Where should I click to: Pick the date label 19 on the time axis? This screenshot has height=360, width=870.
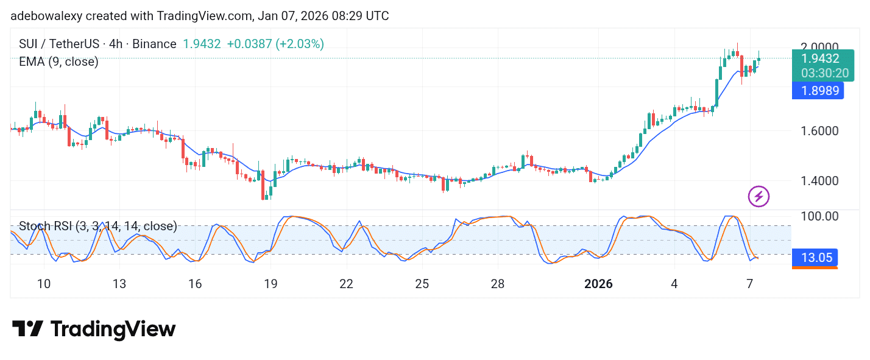271,284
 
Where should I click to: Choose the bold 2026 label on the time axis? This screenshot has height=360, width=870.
599,284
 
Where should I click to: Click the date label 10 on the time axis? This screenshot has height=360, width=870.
44,284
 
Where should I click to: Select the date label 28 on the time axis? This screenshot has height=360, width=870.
498,284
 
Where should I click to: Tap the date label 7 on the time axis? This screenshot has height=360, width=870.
750,284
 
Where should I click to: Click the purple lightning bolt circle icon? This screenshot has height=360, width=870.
759,196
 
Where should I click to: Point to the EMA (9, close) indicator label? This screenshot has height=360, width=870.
58,62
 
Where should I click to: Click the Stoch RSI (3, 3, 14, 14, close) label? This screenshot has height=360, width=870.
97,227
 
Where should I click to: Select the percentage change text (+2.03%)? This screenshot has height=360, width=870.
300,44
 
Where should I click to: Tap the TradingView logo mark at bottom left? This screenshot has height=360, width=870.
28,330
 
